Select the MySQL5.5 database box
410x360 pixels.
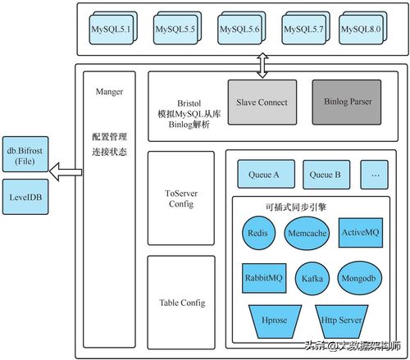(172, 30)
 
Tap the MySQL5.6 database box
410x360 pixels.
(239, 30)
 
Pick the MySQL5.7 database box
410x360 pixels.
(304, 30)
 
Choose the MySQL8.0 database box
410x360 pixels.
(361, 30)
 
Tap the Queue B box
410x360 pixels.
(326, 174)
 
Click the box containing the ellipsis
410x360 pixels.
(375, 174)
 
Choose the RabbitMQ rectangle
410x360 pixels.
(263, 277)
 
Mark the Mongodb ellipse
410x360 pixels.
(359, 278)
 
